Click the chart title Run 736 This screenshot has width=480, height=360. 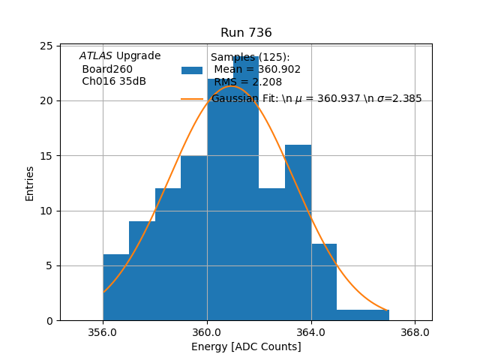pyautogui.click(x=246, y=33)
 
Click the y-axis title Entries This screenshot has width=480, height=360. pyautogui.click(x=30, y=183)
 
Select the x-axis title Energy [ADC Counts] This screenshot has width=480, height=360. pyautogui.click(x=246, y=346)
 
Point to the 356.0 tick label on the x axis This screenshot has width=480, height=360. pyautogui.click(x=103, y=332)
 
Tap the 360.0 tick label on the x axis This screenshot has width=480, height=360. pyautogui.click(x=207, y=332)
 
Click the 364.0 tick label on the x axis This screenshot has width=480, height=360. pyautogui.click(x=310, y=332)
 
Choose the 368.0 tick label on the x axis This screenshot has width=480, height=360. pyautogui.click(x=415, y=332)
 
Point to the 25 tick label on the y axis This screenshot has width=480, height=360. pyautogui.click(x=45, y=46)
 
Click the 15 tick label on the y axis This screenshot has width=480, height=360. pyautogui.click(x=45, y=156)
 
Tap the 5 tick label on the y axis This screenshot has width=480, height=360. pyautogui.click(x=48, y=265)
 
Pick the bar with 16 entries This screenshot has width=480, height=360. pyautogui.click(x=298, y=232)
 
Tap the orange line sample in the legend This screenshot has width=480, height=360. pyautogui.click(x=192, y=98)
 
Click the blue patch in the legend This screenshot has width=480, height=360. pyautogui.click(x=192, y=70)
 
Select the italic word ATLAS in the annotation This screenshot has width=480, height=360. pyautogui.click(x=95, y=56)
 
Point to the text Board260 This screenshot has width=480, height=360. pyautogui.click(x=107, y=69)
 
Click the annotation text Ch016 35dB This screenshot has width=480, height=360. pyautogui.click(x=114, y=81)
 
